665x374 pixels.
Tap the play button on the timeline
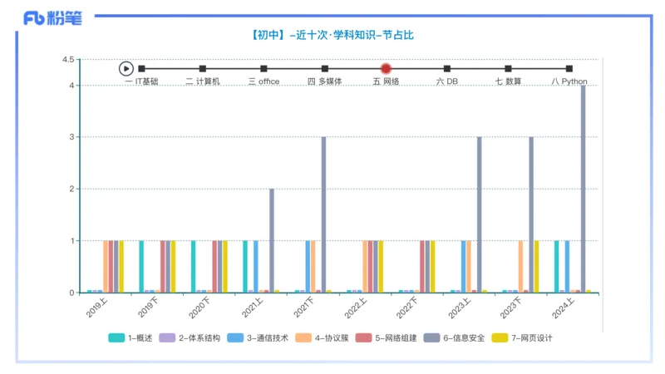[x=126, y=69]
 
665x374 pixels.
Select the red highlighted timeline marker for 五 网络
[x=386, y=69]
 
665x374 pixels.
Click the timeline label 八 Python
[x=569, y=81]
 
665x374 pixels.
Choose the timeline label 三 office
[x=264, y=81]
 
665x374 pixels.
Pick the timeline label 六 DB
[x=447, y=81]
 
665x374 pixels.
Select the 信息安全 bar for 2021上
[x=272, y=241]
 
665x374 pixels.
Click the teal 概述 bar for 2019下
[x=141, y=267]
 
